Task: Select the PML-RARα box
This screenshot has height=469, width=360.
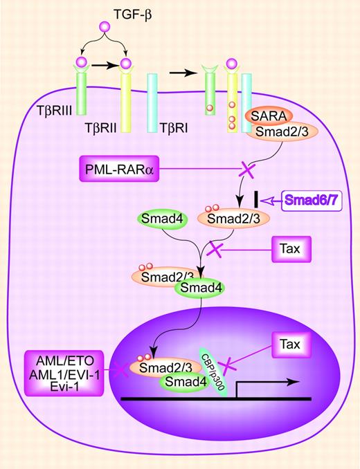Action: pos(120,169)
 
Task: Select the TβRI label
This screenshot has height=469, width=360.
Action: pos(173,129)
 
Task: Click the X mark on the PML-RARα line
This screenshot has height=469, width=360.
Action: pos(247,169)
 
